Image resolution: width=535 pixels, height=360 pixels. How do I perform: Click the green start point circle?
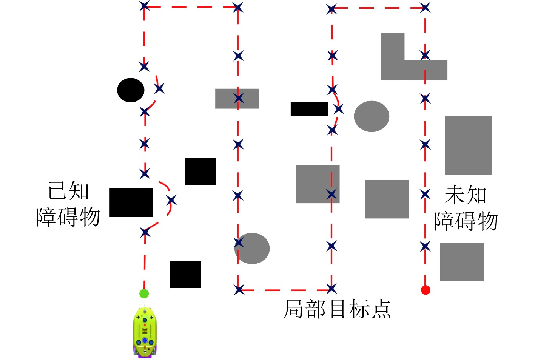[x=144, y=294]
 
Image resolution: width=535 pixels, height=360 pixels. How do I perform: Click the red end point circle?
[x=426, y=290]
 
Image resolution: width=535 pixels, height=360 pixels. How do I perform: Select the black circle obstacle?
[x=131, y=90]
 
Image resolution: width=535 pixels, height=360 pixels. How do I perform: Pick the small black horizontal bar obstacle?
[x=309, y=109]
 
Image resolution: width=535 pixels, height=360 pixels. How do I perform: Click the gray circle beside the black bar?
[x=372, y=116]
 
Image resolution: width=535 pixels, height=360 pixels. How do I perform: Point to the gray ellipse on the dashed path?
[x=252, y=248]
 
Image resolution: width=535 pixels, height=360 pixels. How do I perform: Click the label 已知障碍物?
[x=68, y=204]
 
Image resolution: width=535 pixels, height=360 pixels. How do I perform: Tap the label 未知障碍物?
[x=466, y=208]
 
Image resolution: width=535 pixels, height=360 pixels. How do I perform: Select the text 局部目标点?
[x=337, y=309]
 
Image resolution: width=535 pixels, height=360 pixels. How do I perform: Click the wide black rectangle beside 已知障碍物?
[x=131, y=202]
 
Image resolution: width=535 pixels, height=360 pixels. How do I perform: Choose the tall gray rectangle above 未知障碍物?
[x=468, y=145]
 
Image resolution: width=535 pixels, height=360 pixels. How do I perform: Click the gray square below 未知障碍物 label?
[x=462, y=262]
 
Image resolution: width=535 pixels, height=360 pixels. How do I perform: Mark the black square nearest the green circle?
[x=185, y=275]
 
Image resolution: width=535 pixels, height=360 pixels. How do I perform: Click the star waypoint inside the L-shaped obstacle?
[x=425, y=56]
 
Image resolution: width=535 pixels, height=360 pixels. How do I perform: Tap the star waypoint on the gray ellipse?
[x=239, y=243]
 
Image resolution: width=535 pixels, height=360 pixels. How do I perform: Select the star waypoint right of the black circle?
[x=159, y=88]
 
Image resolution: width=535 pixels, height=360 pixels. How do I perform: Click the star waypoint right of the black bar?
[x=338, y=109]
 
